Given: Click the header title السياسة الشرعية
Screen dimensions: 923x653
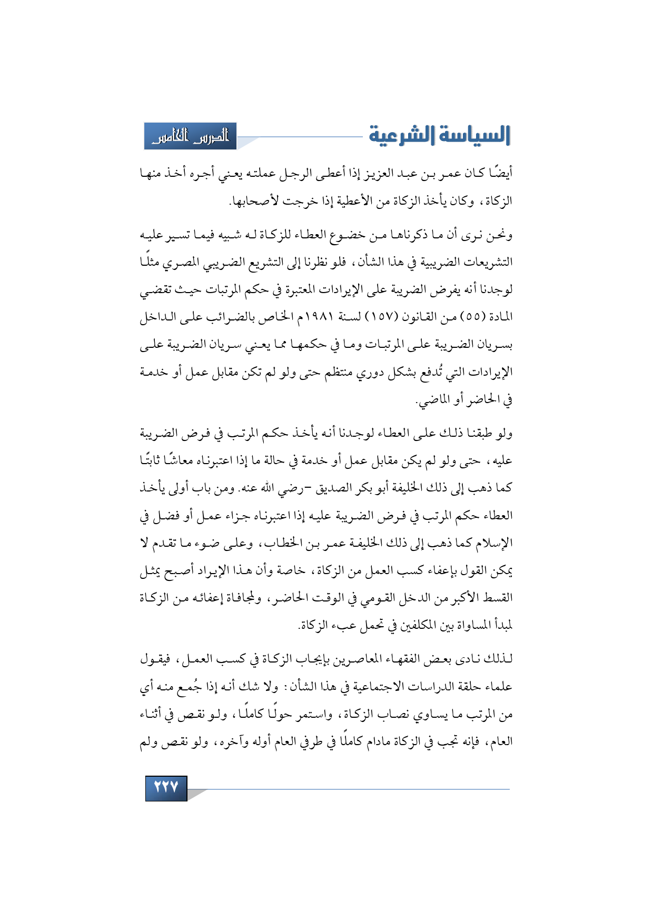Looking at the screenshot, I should (439, 135).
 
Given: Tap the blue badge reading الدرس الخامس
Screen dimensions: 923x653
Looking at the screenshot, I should (190, 136).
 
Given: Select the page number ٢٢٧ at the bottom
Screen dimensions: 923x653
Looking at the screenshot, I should (166, 788).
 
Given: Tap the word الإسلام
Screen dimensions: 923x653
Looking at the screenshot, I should (493, 544).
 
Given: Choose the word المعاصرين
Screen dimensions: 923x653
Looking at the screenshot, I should (369, 659).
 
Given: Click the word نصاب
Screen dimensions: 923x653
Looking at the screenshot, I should (388, 714).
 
